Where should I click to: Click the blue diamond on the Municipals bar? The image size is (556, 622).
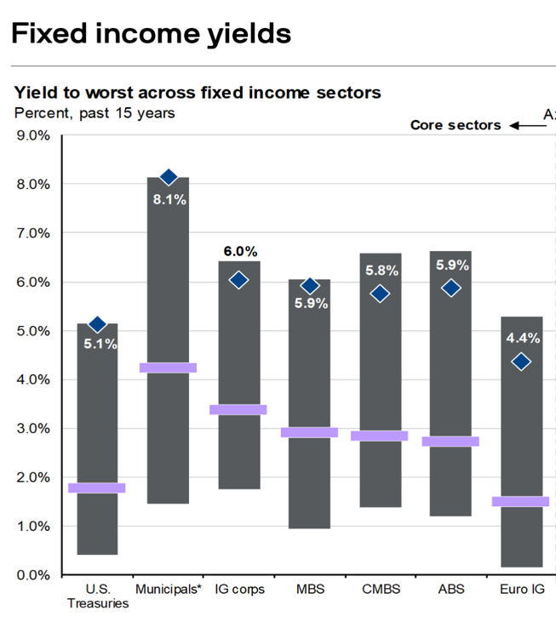(x=169, y=177)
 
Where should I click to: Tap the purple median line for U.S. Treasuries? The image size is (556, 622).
(x=97, y=488)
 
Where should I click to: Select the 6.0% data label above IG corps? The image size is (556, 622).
(x=240, y=251)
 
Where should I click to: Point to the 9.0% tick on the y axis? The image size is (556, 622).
(x=33, y=135)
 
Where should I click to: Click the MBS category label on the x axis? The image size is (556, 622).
(x=310, y=589)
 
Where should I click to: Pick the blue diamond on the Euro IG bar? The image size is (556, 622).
(x=521, y=362)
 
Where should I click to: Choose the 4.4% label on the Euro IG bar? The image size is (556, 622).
(x=523, y=338)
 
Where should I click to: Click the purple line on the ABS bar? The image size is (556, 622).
(x=450, y=442)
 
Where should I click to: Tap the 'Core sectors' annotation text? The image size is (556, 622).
(x=456, y=125)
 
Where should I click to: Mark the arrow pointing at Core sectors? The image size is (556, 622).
(x=528, y=126)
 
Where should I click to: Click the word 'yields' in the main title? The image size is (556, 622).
(x=249, y=35)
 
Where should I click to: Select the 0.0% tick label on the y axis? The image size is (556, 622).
(x=33, y=575)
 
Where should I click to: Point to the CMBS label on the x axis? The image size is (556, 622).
(x=381, y=589)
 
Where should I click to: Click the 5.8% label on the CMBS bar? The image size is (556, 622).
(x=381, y=271)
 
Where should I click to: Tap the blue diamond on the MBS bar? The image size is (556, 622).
(x=310, y=286)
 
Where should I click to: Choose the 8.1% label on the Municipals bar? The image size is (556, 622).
(x=169, y=199)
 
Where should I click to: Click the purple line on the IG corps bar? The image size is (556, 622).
(x=238, y=410)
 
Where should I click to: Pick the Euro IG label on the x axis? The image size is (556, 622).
(x=522, y=589)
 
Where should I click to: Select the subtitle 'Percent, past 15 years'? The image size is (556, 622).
(x=95, y=113)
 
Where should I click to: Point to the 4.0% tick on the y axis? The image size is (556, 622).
(x=33, y=379)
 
